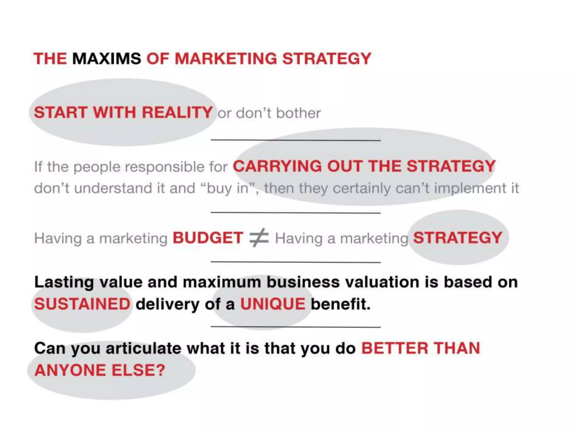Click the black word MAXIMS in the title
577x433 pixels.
[106, 59]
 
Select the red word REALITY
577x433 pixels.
[177, 112]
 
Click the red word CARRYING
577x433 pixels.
[277, 166]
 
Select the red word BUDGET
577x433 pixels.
[208, 238]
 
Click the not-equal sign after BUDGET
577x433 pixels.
[259, 238]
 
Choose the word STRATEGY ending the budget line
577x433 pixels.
[458, 238]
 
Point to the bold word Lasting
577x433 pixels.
[64, 282]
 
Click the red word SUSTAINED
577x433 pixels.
[82, 304]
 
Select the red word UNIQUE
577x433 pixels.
[272, 304]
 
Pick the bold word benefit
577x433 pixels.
[340, 304]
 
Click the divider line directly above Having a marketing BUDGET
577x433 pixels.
[296, 213]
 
